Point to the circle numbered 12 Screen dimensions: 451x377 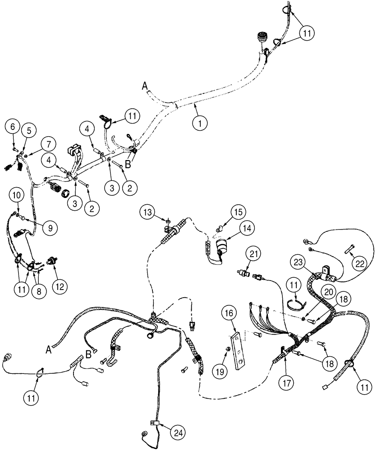tap(60, 285)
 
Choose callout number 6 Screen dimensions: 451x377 tap(14, 128)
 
